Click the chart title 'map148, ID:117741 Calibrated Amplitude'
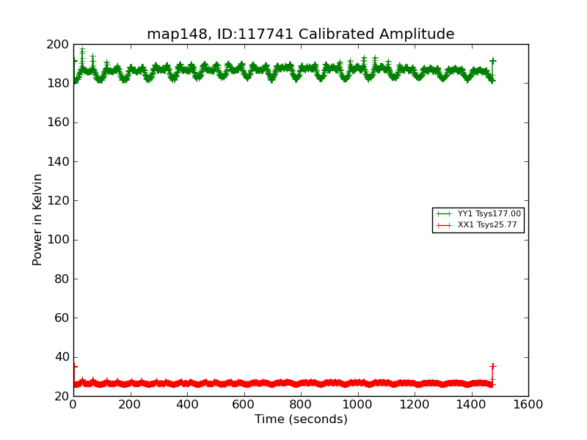300,34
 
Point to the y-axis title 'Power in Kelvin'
37,219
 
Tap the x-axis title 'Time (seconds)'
301,419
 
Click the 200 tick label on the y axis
57,45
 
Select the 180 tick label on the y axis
57,84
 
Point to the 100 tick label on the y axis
57,240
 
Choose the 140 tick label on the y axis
57,162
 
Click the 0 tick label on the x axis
73,405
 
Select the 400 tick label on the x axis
187,405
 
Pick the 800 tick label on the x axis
301,405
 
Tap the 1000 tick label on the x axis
357,405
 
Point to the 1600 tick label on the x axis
528,405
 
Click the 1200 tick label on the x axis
415,405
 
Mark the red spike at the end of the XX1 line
492,367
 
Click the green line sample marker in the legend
443,214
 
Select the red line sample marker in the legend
443,225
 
